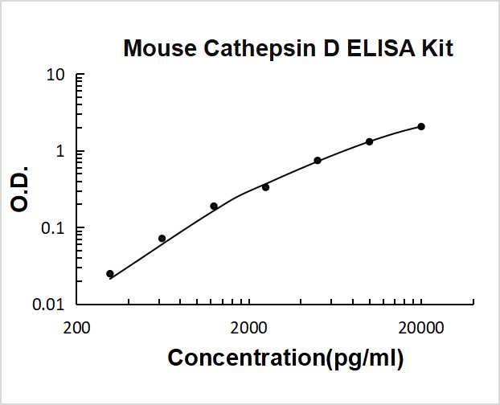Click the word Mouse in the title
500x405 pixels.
point(159,49)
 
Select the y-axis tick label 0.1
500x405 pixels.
point(54,228)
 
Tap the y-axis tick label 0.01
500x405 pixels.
point(50,305)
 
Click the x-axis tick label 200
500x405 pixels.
point(76,327)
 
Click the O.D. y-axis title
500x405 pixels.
point(22,190)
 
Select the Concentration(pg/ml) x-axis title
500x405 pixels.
point(285,358)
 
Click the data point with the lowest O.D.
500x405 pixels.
point(110,274)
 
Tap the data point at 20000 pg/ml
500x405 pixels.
point(421,127)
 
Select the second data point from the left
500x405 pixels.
point(162,239)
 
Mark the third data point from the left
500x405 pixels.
point(214,207)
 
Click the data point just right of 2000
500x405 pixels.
point(265,187)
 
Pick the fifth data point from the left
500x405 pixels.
point(318,161)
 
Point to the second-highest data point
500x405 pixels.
point(369,141)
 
